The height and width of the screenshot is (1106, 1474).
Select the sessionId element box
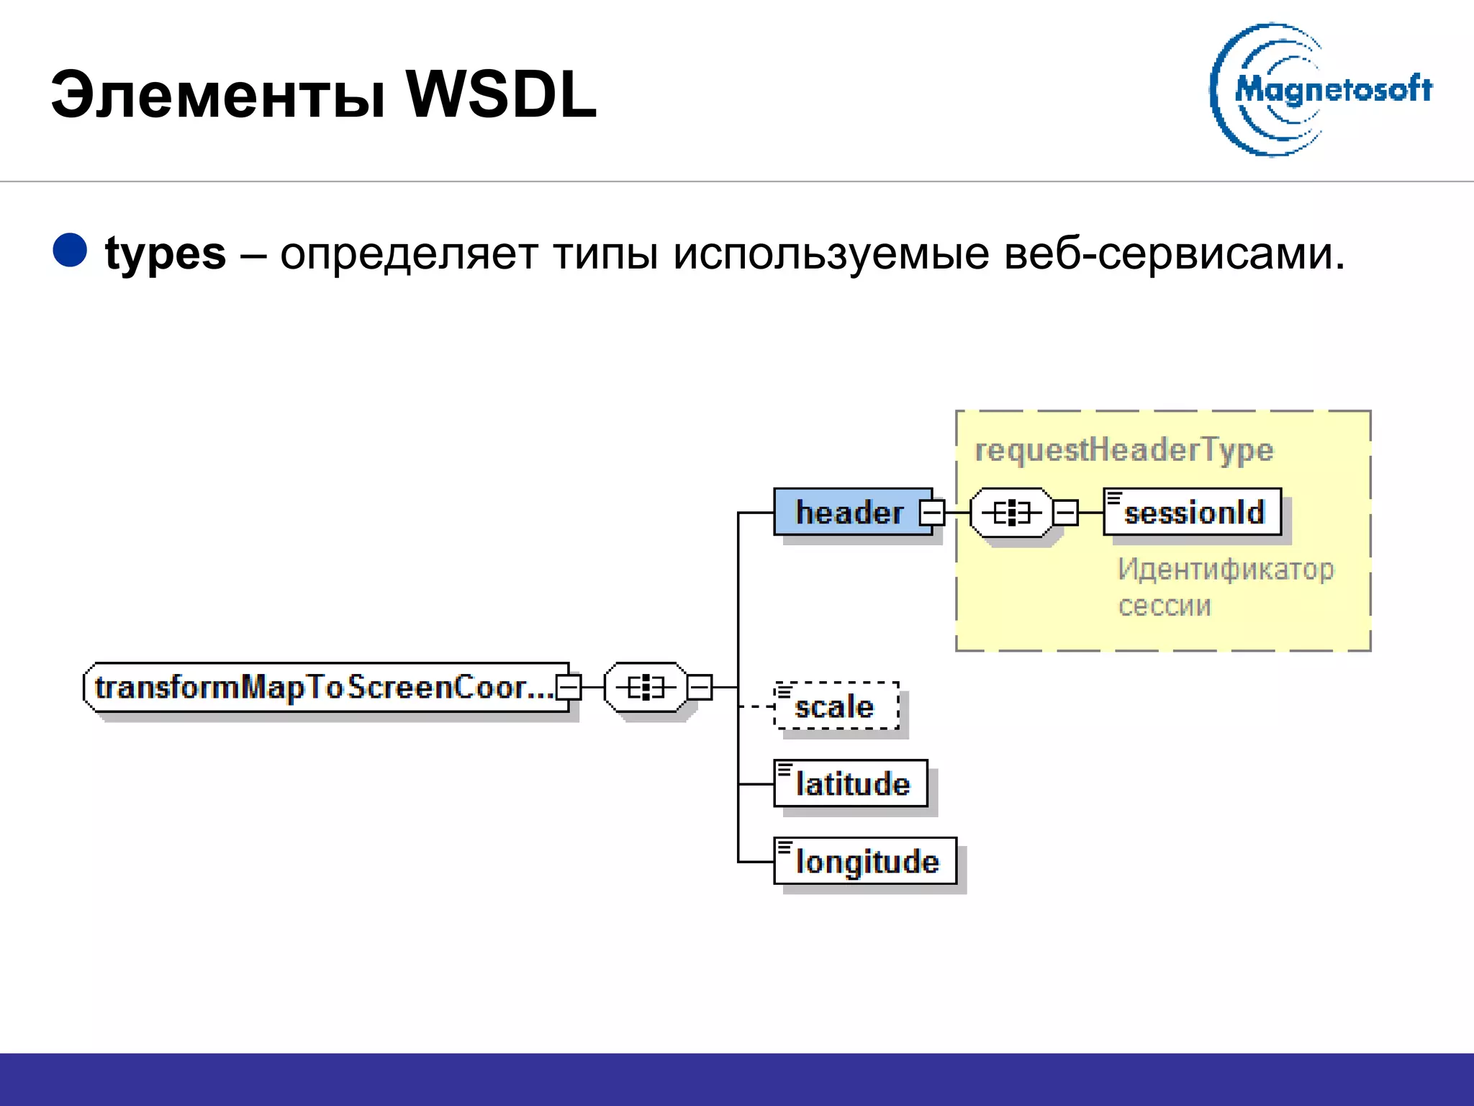pyautogui.click(x=1193, y=512)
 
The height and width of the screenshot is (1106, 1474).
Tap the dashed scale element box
pyautogui.click(x=836, y=706)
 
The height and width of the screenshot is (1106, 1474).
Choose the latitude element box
pyautogui.click(x=851, y=783)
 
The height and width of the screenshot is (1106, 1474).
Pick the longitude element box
pyautogui.click(x=865, y=861)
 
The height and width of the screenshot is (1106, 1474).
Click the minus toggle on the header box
pyautogui.click(x=932, y=513)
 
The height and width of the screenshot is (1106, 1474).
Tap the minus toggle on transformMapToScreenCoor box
pyautogui.click(x=569, y=687)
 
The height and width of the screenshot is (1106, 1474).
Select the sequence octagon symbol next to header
pyautogui.click(x=1010, y=513)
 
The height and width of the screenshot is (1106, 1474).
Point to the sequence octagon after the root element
pyautogui.click(x=645, y=687)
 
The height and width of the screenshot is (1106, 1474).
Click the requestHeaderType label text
pyautogui.click(x=1123, y=450)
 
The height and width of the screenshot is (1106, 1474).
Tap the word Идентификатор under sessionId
pyautogui.click(x=1225, y=570)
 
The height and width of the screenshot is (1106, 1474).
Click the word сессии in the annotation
pyautogui.click(x=1165, y=606)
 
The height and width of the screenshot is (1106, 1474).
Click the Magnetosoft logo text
pyautogui.click(x=1333, y=90)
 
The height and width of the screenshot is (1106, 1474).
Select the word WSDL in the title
pyautogui.click(x=501, y=95)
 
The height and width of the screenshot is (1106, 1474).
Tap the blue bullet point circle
pyautogui.click(x=70, y=251)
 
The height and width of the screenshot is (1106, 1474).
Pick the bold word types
pyautogui.click(x=166, y=253)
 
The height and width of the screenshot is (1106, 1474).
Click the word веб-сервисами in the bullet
pyautogui.click(x=1173, y=253)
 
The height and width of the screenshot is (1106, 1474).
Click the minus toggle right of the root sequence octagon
pyautogui.click(x=699, y=687)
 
